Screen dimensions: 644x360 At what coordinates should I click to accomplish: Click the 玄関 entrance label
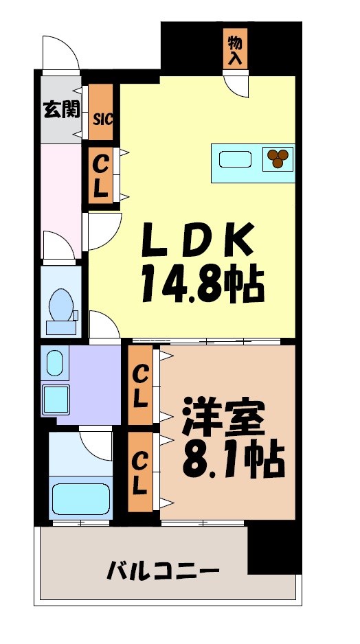pyautogui.click(x=61, y=109)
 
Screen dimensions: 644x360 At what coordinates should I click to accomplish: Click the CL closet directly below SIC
pyautogui.click(x=101, y=177)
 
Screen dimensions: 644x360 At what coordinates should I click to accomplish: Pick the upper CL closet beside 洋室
pyautogui.click(x=140, y=385)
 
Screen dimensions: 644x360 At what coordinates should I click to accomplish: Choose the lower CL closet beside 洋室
pyautogui.click(x=140, y=473)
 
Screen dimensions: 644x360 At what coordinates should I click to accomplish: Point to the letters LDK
pyautogui.click(x=200, y=241)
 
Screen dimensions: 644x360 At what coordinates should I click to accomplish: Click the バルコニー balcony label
pyautogui.click(x=163, y=571)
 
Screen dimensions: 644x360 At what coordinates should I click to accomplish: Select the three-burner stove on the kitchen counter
pyautogui.click(x=278, y=158)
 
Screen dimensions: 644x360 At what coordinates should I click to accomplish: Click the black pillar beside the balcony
pyautogui.click(x=273, y=547)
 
